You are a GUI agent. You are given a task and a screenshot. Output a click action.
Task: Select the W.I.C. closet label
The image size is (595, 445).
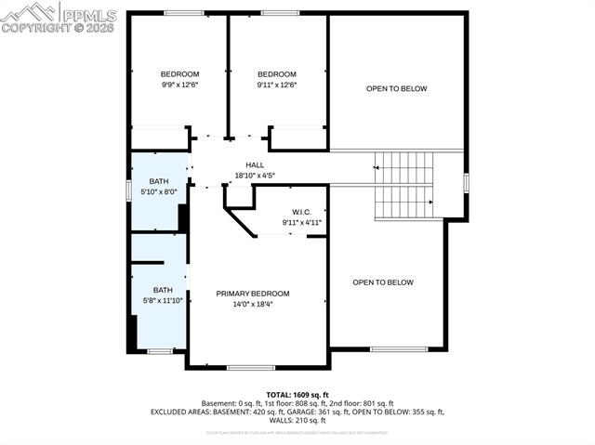point(302,212)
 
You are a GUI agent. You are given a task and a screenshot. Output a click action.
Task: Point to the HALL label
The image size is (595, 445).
point(255,164)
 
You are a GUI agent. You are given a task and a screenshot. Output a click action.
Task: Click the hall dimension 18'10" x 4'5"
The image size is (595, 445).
point(255,175)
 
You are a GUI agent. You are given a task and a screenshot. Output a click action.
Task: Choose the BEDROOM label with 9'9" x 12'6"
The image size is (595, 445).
point(179,74)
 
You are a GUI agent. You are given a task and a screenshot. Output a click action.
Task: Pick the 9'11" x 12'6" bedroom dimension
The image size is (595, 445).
point(277,85)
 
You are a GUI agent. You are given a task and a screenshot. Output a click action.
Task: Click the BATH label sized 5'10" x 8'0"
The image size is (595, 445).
point(159,181)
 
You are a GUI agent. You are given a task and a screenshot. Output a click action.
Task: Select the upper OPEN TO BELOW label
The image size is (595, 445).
point(396,89)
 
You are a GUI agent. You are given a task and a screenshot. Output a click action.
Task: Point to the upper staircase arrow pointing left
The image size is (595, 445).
point(376,167)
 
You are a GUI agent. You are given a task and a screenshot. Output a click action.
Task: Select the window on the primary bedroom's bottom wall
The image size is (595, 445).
point(244,368)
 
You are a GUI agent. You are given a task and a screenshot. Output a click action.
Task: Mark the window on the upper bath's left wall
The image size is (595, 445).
point(129,190)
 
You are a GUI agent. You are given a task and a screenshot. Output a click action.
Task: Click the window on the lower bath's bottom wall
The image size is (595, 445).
point(160,351)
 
